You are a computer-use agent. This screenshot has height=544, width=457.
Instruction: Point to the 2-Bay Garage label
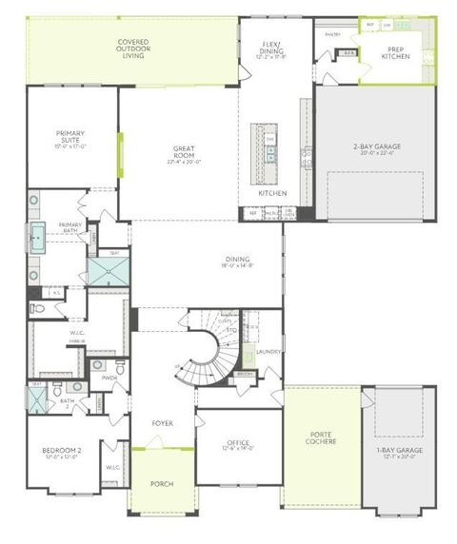376,148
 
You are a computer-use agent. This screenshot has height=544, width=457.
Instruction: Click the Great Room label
184,152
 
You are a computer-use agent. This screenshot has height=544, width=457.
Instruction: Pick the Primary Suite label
71,138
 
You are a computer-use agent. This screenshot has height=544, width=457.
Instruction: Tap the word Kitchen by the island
272,193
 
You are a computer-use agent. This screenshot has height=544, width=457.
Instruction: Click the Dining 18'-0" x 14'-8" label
238,262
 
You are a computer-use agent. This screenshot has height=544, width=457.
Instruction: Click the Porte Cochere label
321,438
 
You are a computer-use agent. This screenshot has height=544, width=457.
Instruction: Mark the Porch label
162,483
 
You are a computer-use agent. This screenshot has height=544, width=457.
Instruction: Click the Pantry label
332,34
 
